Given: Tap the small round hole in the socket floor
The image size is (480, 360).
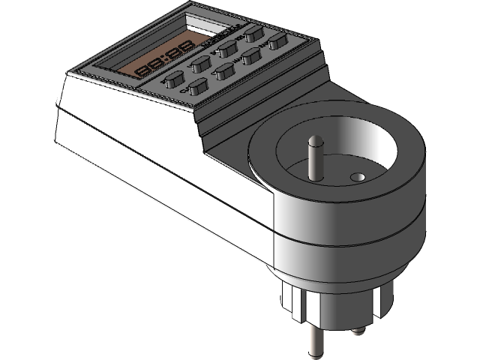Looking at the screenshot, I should pyautogui.click(x=358, y=178).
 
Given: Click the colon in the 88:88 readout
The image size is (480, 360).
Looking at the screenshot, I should pyautogui.click(x=163, y=62).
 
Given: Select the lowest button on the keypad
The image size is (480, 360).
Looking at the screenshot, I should pyautogui.click(x=198, y=86).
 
